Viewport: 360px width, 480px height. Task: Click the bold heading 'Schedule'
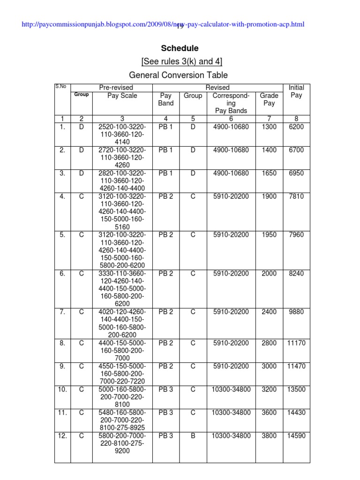(180, 48)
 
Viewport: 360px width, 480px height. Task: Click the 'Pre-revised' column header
(116, 88)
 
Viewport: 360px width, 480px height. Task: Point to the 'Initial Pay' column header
(296, 91)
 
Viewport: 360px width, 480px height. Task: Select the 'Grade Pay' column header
(269, 99)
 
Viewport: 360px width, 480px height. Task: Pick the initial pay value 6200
(296, 127)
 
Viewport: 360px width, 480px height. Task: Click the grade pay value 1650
(269, 173)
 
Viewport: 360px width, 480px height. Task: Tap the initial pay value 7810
(296, 196)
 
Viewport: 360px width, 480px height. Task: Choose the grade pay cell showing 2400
(269, 312)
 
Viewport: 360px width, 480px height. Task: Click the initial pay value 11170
(296, 343)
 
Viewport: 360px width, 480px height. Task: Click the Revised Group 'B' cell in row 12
(193, 436)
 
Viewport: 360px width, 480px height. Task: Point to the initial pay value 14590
(296, 436)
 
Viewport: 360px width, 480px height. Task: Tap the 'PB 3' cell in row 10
(166, 389)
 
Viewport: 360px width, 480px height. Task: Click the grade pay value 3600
(269, 412)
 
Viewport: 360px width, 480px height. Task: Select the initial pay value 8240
(296, 273)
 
